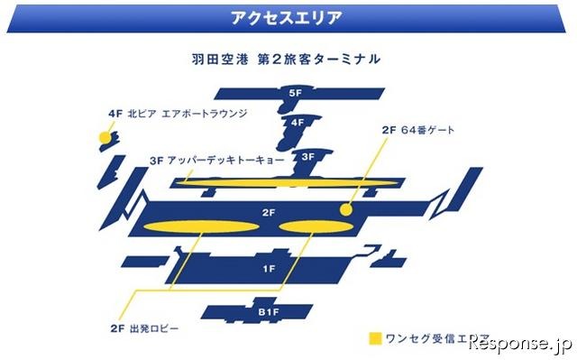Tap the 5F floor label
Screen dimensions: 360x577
[295, 93]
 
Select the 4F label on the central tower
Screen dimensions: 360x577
[296, 122]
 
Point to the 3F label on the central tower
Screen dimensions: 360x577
[307, 156]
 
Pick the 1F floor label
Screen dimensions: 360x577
[268, 269]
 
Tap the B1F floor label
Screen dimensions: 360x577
[268, 312]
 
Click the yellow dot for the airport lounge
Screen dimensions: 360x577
[104, 137]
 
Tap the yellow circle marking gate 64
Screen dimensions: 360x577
[344, 208]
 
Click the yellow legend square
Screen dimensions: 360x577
[375, 339]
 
